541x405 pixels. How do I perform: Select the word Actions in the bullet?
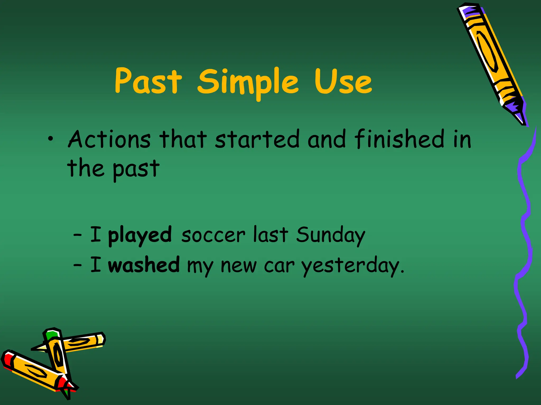pos(109,139)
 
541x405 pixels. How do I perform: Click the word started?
pos(257,139)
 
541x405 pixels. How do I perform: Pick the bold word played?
pos(140,235)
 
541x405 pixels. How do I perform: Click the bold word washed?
pos(144,265)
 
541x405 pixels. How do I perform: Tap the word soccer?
pos(213,235)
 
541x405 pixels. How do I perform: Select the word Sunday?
pos(330,235)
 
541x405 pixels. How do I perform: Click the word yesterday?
pos(353,266)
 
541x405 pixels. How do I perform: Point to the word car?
pos(279,266)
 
